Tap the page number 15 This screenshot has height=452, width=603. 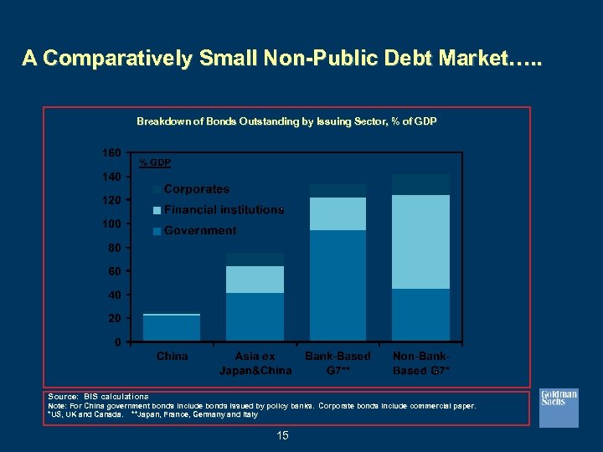point(281,435)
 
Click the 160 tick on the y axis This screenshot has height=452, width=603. point(112,152)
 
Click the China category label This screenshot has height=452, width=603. point(173,357)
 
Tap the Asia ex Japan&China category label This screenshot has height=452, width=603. point(255,363)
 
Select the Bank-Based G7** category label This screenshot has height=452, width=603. point(338,363)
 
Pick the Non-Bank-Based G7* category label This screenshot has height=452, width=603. point(421,363)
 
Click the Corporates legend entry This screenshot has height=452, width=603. point(197,189)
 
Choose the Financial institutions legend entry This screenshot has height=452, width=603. point(224,209)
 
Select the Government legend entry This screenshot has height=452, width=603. point(200,230)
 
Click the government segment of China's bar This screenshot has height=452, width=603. point(172,327)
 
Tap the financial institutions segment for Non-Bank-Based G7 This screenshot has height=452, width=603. point(421,242)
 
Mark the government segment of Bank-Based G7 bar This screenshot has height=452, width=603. point(338,285)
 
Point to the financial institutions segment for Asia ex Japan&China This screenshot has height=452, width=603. point(255,280)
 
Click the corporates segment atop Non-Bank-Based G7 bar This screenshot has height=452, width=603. point(421,184)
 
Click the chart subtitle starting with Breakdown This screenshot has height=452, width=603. point(286,121)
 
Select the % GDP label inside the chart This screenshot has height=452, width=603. point(155,162)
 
